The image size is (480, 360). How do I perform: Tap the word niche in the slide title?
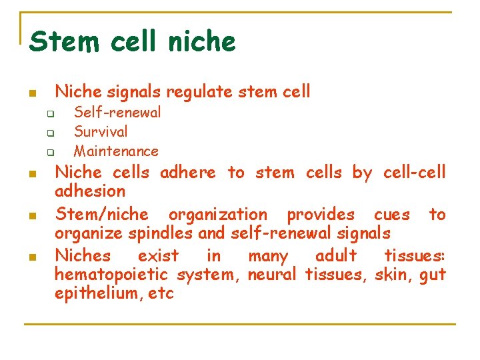(x=202, y=41)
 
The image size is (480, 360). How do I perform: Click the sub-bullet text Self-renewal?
(x=117, y=113)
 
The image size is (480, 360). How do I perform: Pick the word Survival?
(x=101, y=131)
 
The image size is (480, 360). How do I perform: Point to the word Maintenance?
(x=116, y=151)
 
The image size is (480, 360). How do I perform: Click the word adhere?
(x=188, y=173)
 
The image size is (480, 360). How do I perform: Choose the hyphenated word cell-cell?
(x=414, y=173)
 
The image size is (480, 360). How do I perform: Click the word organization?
(x=217, y=215)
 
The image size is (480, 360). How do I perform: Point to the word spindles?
(x=167, y=233)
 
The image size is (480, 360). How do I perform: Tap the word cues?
(x=392, y=215)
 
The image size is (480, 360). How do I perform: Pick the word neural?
(x=271, y=274)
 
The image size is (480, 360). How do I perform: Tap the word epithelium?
(x=93, y=293)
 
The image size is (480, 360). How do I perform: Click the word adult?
(x=336, y=255)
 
